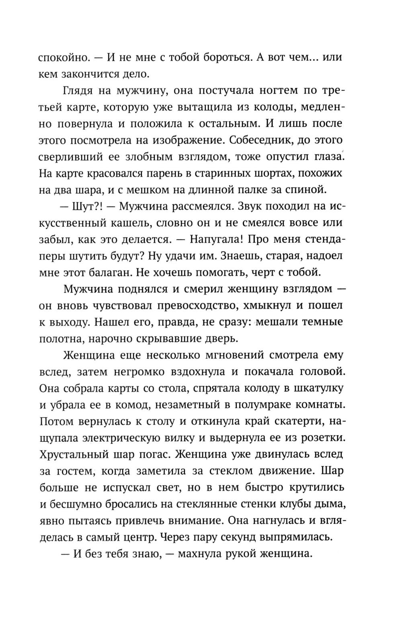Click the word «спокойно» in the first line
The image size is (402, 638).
point(63,58)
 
